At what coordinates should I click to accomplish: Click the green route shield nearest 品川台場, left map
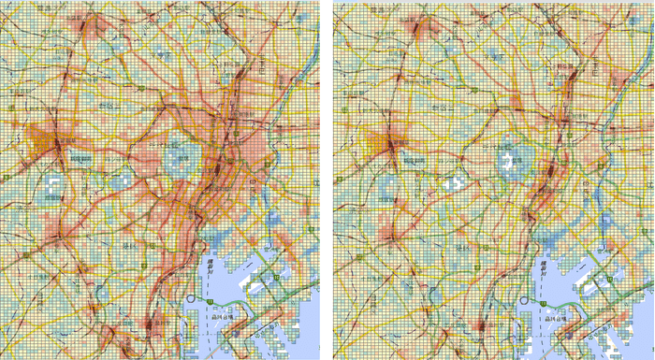click(214, 300)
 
